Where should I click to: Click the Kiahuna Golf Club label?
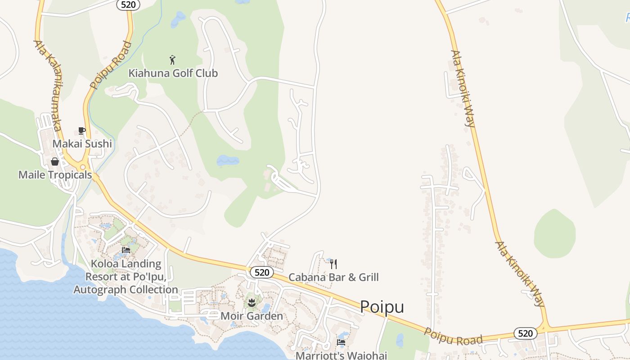(173, 73)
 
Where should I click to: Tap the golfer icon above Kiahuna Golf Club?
(172, 60)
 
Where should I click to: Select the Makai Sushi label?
(82, 144)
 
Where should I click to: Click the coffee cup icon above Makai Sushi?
(81, 130)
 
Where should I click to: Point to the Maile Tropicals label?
(55, 175)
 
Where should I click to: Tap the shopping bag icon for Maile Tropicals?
(55, 161)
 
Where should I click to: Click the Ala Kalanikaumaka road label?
(47, 85)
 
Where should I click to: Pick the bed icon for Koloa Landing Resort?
(126, 250)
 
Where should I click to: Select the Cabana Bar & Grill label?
(333, 277)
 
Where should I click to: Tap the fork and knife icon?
(333, 264)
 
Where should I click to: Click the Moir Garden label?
(252, 316)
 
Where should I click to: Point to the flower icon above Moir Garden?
(252, 303)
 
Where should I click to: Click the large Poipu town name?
(382, 307)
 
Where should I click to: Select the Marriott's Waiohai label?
(341, 355)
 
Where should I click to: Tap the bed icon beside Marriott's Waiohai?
(341, 342)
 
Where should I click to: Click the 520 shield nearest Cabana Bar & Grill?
(261, 272)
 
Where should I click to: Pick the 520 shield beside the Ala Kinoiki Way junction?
(525, 333)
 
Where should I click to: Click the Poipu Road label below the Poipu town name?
(454, 336)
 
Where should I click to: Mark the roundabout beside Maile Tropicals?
(83, 167)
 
